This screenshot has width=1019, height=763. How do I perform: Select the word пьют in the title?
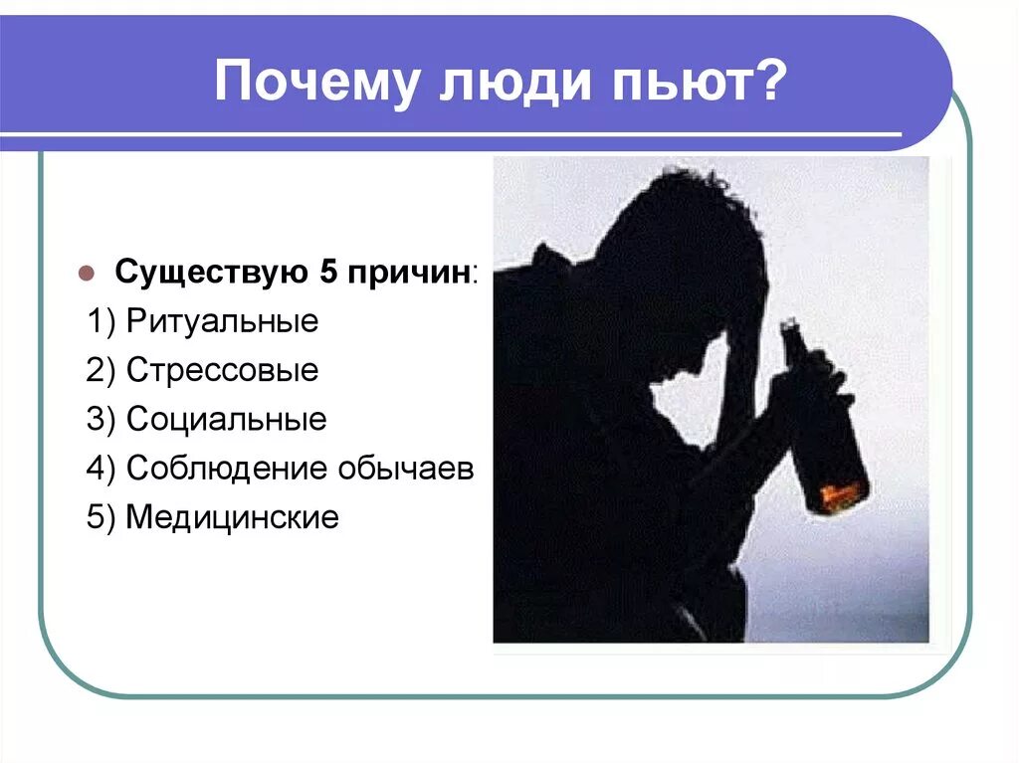(x=661, y=83)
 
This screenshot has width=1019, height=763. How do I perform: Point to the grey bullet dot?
(x=86, y=273)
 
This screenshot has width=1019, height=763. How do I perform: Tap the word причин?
(x=407, y=273)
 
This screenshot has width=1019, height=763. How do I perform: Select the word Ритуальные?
(x=222, y=322)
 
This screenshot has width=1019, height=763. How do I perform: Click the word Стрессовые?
(x=222, y=371)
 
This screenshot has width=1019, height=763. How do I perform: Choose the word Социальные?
(x=226, y=420)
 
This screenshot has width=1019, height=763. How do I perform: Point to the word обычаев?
(x=407, y=469)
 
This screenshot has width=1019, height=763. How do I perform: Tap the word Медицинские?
(x=232, y=517)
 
